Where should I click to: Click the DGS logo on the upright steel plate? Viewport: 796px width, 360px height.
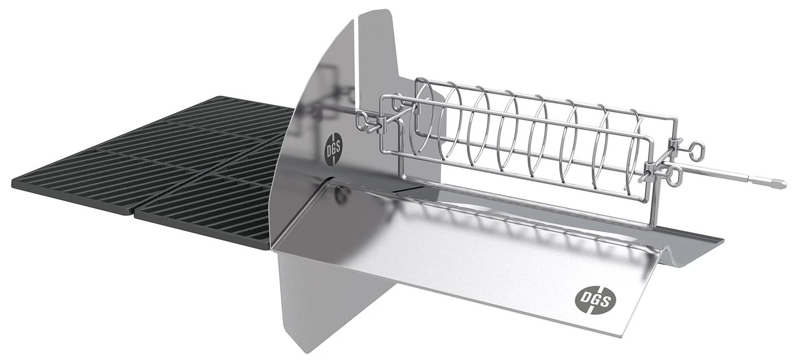334,147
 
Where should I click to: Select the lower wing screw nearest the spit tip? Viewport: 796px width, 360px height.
674,176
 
